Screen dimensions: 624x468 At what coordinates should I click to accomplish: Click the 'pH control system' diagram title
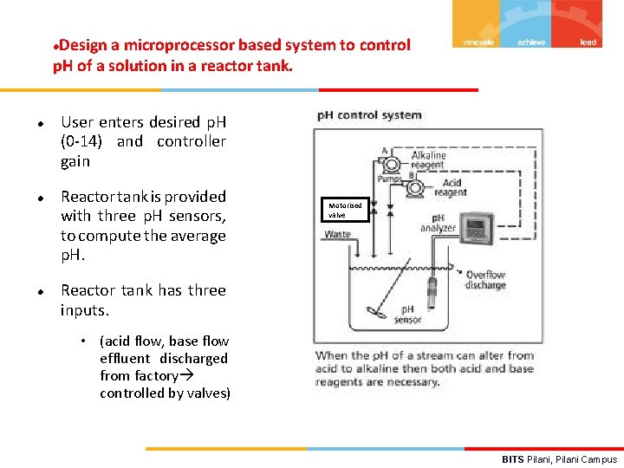click(x=369, y=115)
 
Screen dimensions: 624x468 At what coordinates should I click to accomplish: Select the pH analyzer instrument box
click(x=478, y=229)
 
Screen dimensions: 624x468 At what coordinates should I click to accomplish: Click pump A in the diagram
click(x=393, y=164)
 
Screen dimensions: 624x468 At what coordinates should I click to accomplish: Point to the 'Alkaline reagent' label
click(x=428, y=160)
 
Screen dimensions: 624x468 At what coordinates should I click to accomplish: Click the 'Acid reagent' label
click(x=452, y=188)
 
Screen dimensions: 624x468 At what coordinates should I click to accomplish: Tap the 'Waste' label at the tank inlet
click(x=338, y=235)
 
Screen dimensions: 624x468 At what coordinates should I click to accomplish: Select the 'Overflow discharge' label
click(x=485, y=280)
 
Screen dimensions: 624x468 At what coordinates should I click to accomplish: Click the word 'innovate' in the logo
click(x=478, y=42)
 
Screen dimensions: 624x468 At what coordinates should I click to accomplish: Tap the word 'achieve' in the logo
click(x=531, y=42)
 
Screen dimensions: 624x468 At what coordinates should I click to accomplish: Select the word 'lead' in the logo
click(x=588, y=42)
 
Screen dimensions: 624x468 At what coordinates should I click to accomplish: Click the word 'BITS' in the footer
click(x=513, y=459)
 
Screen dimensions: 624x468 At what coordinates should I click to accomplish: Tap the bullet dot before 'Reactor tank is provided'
click(x=41, y=198)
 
